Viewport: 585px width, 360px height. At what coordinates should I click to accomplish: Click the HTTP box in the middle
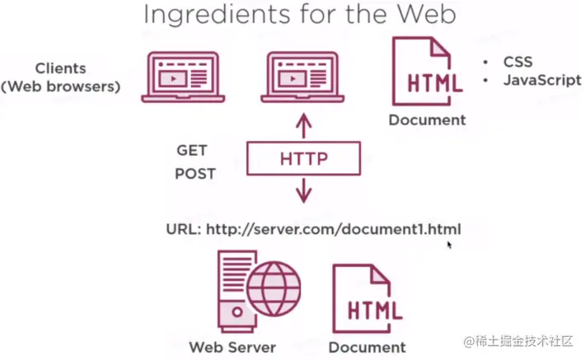tap(304, 157)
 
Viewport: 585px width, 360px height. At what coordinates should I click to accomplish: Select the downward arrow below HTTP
tap(304, 190)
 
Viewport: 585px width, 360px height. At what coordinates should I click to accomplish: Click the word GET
tap(191, 151)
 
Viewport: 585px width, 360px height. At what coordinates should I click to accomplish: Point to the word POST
tap(195, 174)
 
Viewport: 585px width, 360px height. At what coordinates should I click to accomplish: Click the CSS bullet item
tap(517, 62)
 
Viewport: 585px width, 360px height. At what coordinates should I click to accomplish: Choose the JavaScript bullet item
tap(542, 80)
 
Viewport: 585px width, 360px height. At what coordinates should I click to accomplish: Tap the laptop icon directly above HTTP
tap(304, 77)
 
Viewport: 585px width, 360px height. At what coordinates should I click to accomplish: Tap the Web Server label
tap(232, 346)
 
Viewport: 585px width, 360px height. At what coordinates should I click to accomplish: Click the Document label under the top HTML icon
tap(427, 119)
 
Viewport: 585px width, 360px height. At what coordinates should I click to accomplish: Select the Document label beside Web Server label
tap(367, 347)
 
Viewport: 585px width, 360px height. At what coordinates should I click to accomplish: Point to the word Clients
tap(60, 68)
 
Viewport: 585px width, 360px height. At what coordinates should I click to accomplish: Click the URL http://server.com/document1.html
tap(313, 229)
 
